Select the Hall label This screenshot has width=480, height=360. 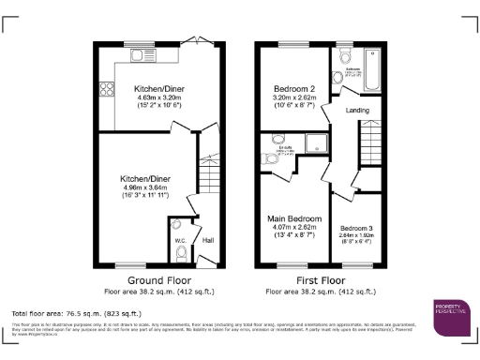coord(207,241)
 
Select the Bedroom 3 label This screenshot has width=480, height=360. coord(356,229)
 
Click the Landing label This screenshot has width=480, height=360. coord(357,111)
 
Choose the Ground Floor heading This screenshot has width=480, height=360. coord(154,278)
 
